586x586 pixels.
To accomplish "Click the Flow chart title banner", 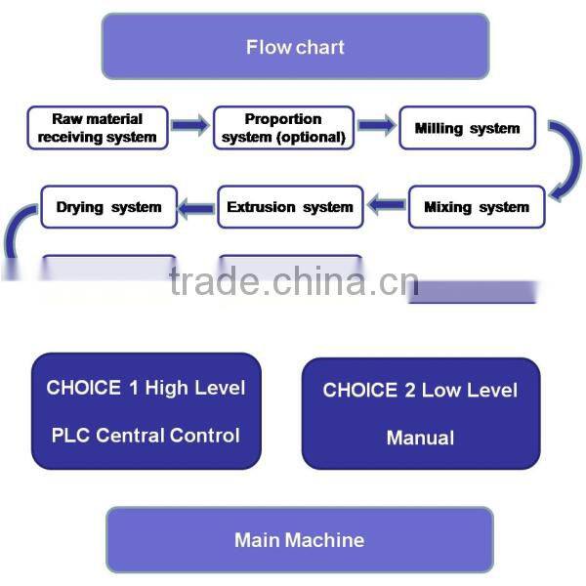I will click(295, 46).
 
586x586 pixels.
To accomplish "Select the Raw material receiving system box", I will click(97, 128).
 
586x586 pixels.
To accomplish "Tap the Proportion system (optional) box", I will click(283, 128).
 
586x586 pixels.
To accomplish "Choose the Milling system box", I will click(467, 128).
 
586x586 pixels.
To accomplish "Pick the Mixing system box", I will click(477, 207).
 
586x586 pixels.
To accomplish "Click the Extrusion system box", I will click(290, 207).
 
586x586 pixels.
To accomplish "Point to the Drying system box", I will click(108, 207).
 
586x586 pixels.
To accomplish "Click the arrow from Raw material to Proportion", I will click(190, 125).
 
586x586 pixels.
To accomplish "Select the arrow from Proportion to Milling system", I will click(376, 125).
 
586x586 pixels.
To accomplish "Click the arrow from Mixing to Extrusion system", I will click(386, 205).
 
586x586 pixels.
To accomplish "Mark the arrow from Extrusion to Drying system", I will click(198, 205).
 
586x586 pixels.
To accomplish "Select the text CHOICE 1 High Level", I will click(146, 388).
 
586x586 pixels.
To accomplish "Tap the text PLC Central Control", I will click(146, 436).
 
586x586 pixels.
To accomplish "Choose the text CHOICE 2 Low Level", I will click(420, 391).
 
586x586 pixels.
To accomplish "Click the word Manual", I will click(420, 438).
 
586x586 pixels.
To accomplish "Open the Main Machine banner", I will click(299, 539).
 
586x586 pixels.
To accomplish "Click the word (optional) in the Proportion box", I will click(311, 138).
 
